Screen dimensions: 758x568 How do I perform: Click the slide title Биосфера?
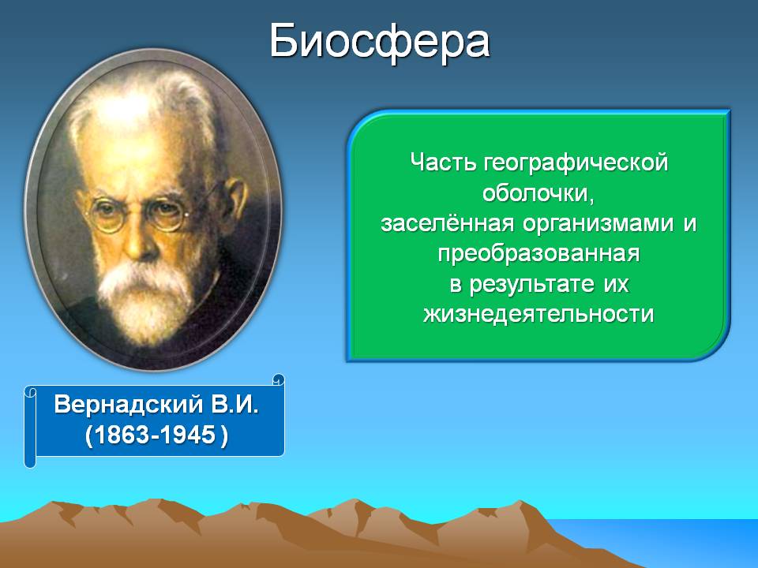(x=380, y=42)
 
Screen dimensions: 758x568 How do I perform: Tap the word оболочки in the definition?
(x=535, y=193)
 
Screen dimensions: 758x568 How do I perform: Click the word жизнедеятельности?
(x=538, y=315)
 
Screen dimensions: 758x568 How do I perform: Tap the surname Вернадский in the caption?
(x=128, y=405)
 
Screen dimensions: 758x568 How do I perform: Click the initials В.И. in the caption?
(x=235, y=404)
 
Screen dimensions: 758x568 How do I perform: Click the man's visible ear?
(x=236, y=199)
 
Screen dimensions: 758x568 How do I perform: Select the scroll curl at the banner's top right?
(x=279, y=379)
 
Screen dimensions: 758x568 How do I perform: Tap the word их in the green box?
(x=616, y=285)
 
